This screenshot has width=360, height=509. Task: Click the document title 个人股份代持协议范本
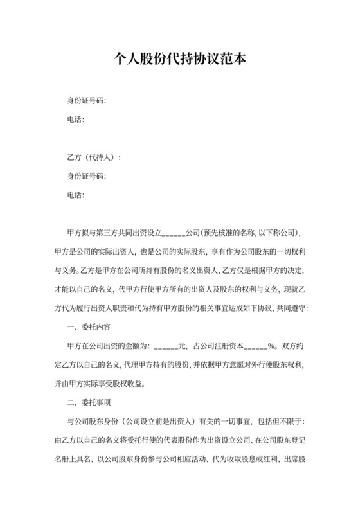(180, 59)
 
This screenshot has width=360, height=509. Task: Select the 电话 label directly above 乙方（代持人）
(76, 120)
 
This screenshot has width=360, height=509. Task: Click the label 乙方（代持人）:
(94, 157)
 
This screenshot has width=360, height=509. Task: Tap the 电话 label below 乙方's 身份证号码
(76, 195)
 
